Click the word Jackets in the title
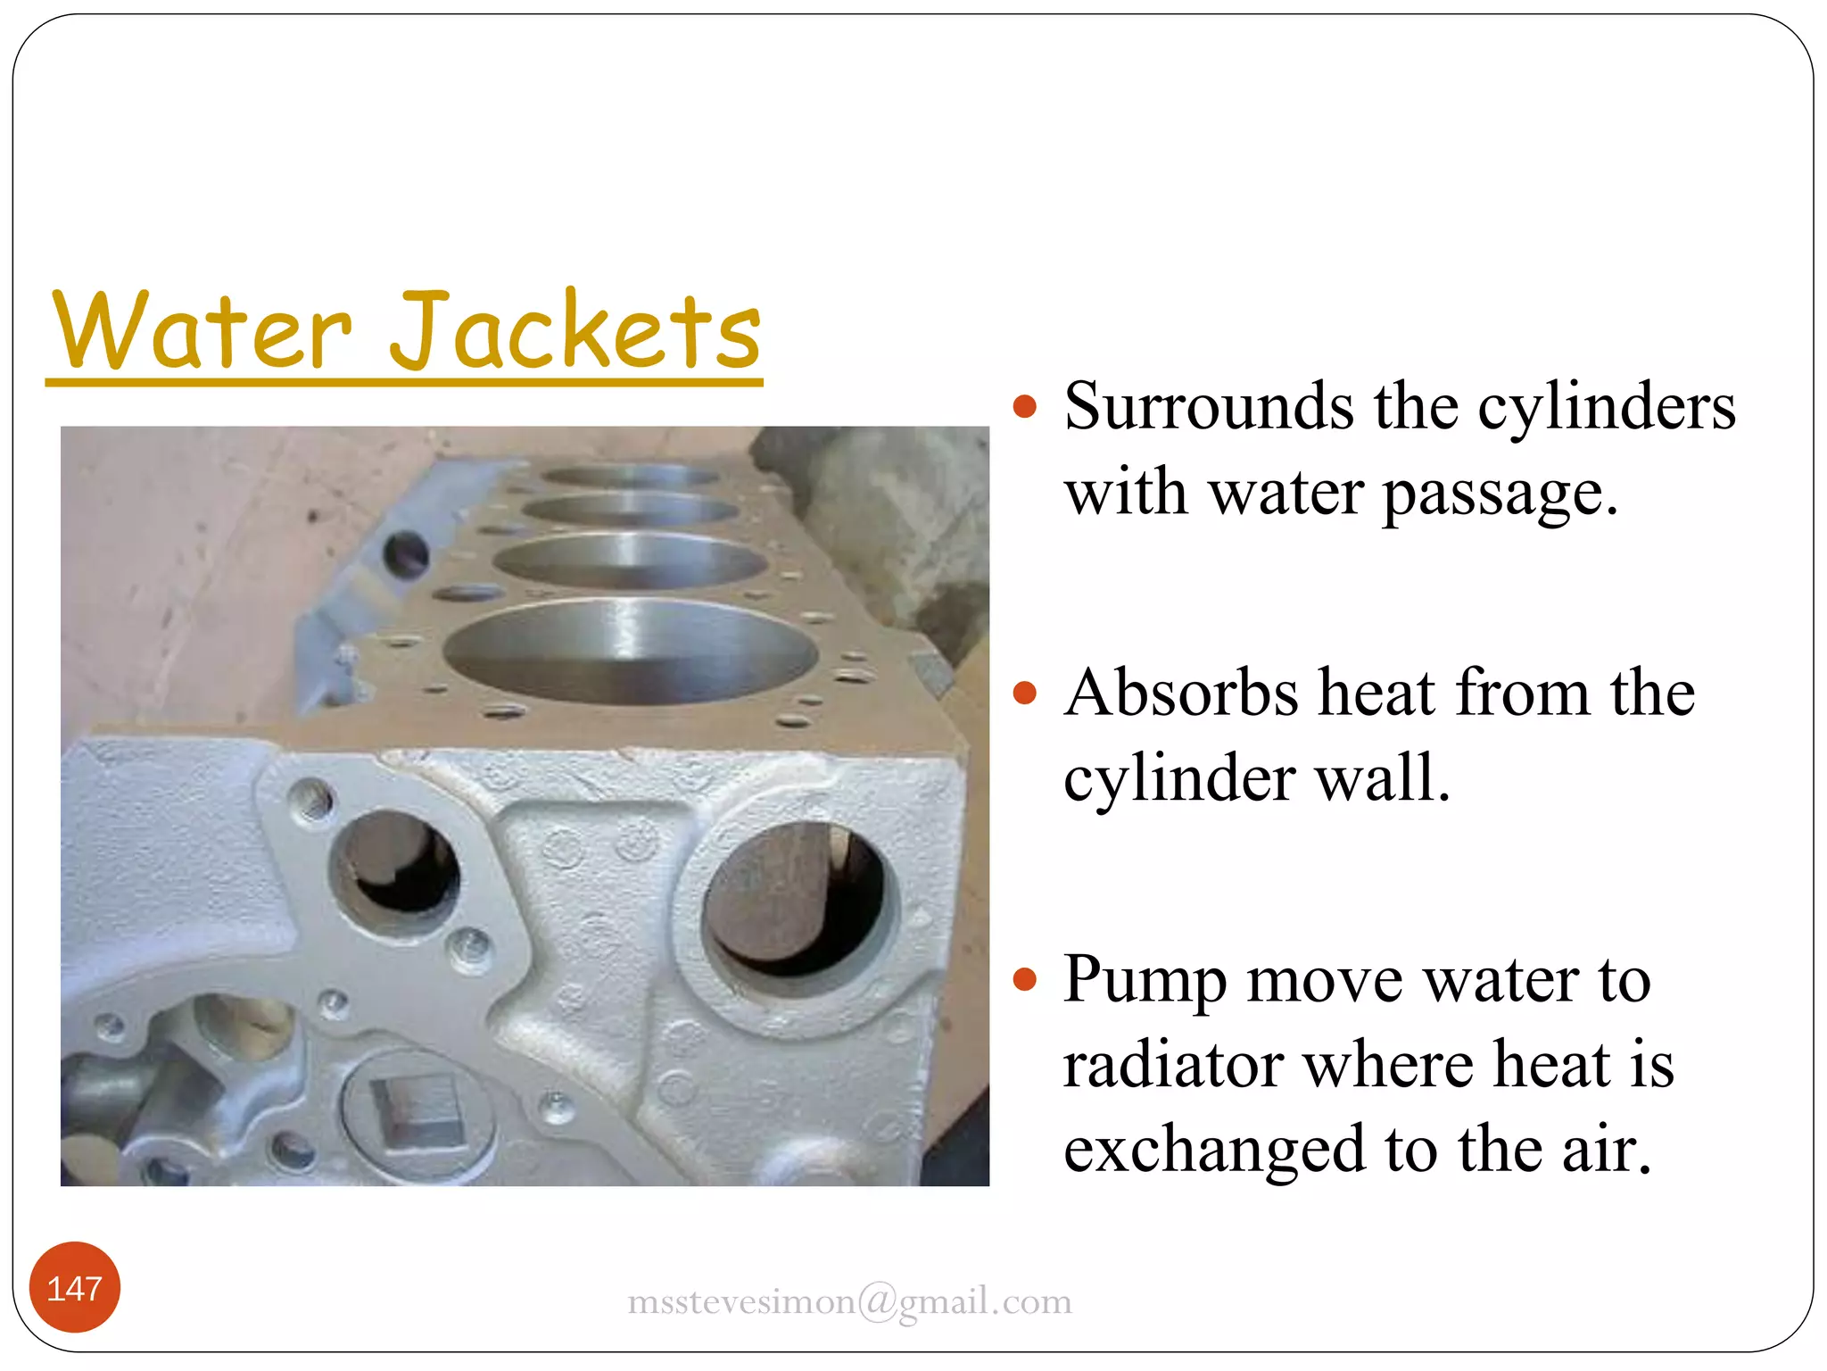(x=575, y=330)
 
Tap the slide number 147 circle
(x=75, y=1288)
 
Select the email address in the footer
(x=849, y=1302)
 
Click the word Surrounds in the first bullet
(x=1209, y=407)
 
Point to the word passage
(x=1500, y=494)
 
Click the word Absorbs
(x=1181, y=694)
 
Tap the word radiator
(x=1173, y=1066)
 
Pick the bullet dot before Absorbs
(x=1026, y=694)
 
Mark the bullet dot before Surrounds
(x=1026, y=407)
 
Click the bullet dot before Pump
(x=1026, y=980)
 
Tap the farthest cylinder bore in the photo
(x=630, y=476)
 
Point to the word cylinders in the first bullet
(x=1606, y=407)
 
